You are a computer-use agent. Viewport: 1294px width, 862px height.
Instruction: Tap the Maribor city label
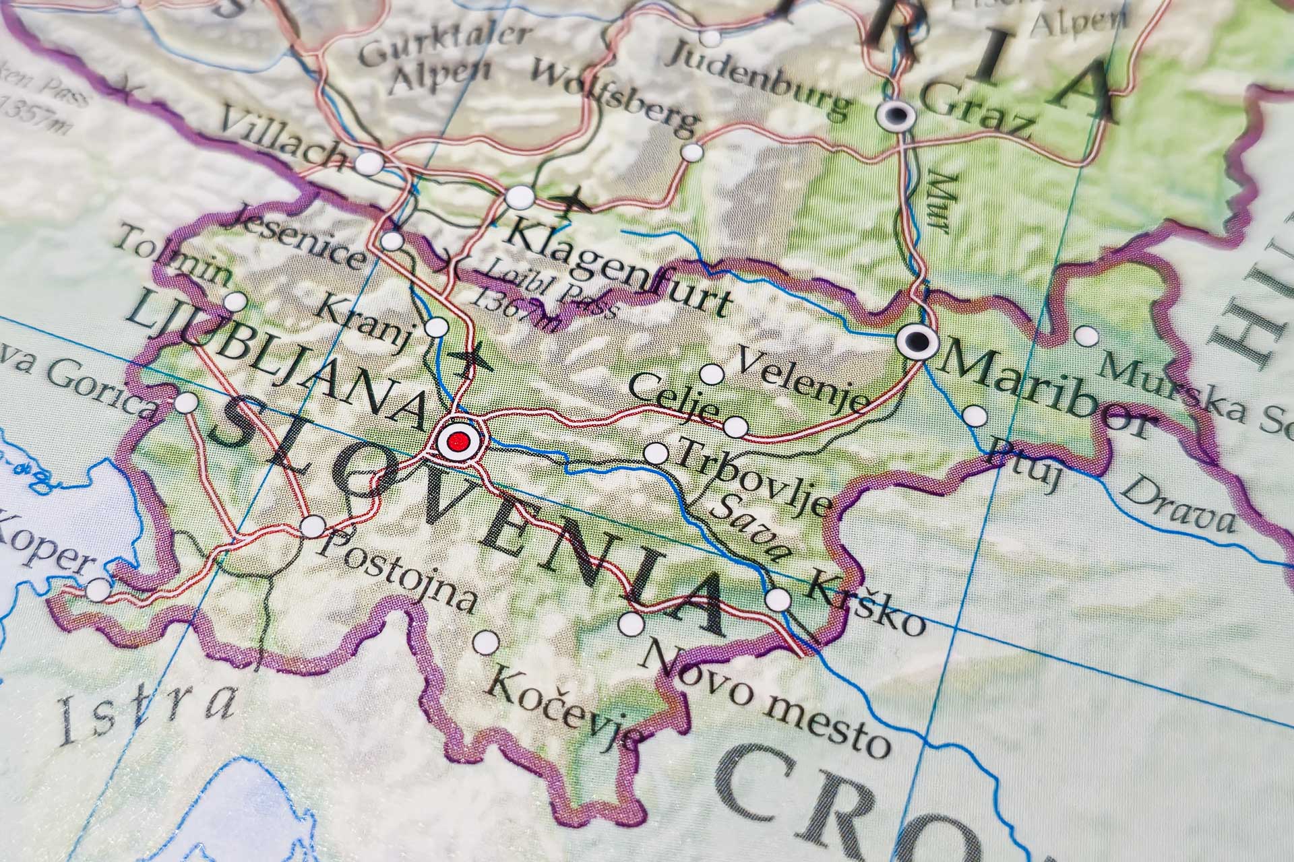point(1045,389)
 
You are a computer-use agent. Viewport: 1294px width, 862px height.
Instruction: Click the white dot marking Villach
point(368,163)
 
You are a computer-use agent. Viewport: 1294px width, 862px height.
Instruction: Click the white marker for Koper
point(98,590)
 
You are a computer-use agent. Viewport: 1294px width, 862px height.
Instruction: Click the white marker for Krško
point(778,599)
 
